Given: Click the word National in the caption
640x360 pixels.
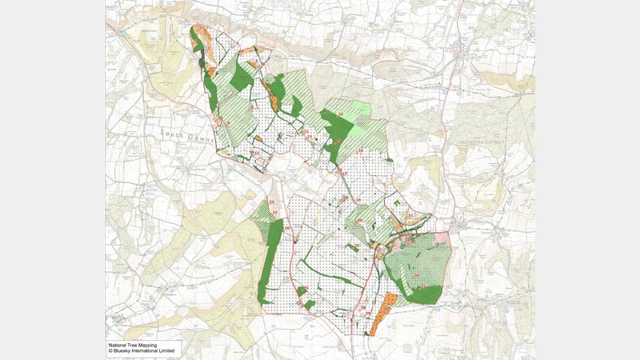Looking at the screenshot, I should point(119,345).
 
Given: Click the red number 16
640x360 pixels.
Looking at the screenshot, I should point(361,150).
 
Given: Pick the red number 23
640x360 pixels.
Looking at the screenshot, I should point(274,212).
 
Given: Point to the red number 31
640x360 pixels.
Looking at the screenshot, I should point(410,215).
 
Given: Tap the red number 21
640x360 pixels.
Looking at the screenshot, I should point(306,131).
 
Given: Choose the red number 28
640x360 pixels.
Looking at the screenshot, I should point(362,307).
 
